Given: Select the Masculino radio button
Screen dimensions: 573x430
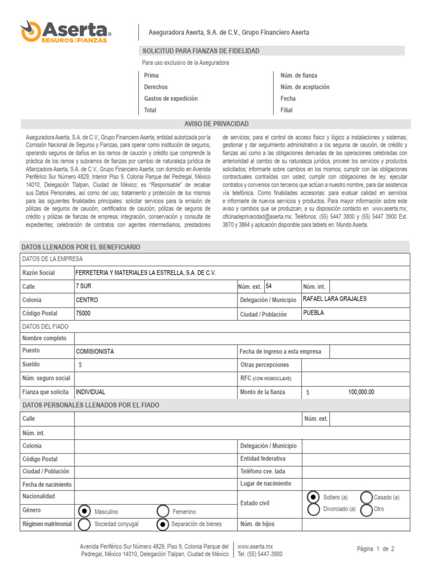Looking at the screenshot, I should coord(84,511).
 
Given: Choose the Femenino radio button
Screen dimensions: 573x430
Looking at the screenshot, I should coord(163,511).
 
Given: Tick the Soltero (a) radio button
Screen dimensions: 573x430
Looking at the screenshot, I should coord(314,497).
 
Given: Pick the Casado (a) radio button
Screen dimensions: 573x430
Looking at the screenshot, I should coord(366,497).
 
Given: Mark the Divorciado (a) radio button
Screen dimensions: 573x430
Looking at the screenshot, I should coord(314,509).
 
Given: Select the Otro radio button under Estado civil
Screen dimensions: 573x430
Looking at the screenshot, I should coord(366,510).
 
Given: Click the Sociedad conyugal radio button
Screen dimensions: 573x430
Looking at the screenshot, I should coord(84,524).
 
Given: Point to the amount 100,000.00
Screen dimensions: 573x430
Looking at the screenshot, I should coord(361,392).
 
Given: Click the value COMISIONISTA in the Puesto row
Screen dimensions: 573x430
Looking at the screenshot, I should coord(95,351).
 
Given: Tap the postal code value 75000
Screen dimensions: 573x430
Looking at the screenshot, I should coord(83,313).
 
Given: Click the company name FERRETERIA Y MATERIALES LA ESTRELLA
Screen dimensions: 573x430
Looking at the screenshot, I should coord(145,273).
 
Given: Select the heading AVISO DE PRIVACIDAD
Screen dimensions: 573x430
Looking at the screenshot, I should coord(216,124).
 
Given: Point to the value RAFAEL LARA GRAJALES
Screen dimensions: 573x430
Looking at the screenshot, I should coord(334,299).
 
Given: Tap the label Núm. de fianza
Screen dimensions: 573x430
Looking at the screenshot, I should coord(299,75).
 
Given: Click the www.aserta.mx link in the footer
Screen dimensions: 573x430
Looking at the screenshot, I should coord(255,546).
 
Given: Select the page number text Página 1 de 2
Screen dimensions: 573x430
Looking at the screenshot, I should coord(376,549).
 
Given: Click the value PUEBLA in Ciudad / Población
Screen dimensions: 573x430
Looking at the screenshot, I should coord(313,313).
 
